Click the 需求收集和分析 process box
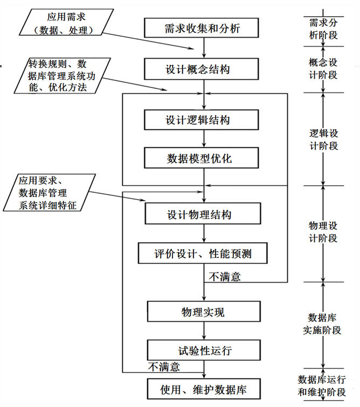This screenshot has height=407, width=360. [x=202, y=28]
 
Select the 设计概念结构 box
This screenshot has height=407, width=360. [x=202, y=69]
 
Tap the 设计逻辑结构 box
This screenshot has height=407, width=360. [x=202, y=120]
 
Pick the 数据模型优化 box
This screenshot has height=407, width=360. [x=202, y=158]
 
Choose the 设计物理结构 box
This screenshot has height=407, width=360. [x=203, y=214]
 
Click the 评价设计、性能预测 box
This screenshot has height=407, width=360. [x=203, y=253]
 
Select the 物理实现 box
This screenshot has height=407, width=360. [x=204, y=312]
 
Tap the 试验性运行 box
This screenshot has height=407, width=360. [x=204, y=350]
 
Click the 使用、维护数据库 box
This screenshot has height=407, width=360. [x=204, y=389]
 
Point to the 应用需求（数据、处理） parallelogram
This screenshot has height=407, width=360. [x=66, y=22]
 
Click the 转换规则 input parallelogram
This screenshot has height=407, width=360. [x=63, y=75]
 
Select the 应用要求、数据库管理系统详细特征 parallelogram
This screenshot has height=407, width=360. [x=50, y=193]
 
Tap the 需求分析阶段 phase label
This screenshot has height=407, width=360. [x=323, y=29]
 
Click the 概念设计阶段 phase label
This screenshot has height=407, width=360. [x=323, y=68]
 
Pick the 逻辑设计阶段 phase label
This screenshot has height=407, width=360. [x=323, y=139]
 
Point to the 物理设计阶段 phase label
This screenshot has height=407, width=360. [x=323, y=232]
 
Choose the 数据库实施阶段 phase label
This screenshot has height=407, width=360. [x=322, y=324]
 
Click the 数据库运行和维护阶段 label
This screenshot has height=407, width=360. [x=322, y=385]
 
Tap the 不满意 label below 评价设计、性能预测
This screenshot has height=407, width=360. [x=225, y=277]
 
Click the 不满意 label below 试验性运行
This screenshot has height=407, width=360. [x=164, y=367]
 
